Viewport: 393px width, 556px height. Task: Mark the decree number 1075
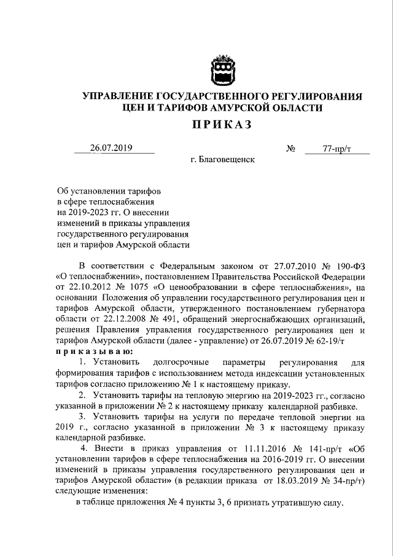tap(138, 287)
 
